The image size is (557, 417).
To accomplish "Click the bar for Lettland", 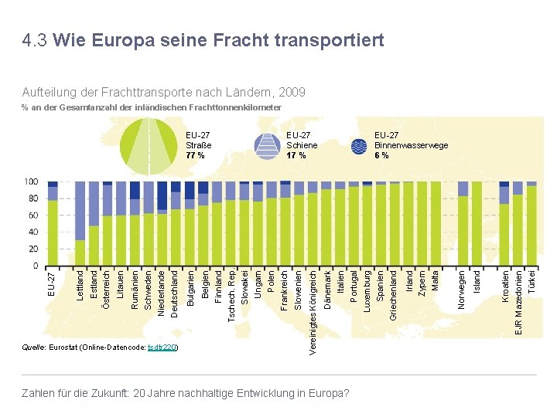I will click(x=80, y=224).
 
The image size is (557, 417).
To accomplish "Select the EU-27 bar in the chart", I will click(x=53, y=224).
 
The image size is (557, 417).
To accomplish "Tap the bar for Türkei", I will click(x=531, y=224).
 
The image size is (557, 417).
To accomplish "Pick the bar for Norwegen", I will click(x=463, y=224).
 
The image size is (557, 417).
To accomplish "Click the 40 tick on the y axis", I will click(x=33, y=232).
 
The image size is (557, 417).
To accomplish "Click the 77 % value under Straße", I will click(x=196, y=155).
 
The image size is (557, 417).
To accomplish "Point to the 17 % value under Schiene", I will click(x=296, y=155).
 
